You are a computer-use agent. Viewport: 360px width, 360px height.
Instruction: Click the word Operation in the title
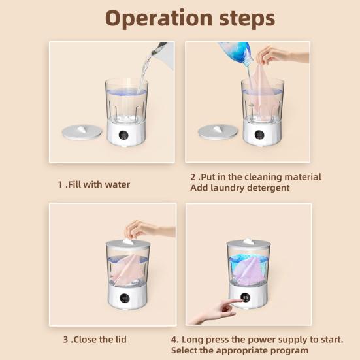pyautogui.click(x=159, y=19)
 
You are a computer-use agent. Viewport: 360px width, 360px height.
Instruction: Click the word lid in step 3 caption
pyautogui.click(x=120, y=339)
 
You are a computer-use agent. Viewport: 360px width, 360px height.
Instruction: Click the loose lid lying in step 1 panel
pyautogui.click(x=82, y=132)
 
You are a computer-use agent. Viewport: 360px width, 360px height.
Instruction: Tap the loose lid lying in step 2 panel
pyautogui.click(x=218, y=132)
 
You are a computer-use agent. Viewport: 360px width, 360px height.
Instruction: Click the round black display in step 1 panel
pyautogui.click(x=123, y=135)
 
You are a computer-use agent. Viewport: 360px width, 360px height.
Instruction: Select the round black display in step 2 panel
pyautogui.click(x=259, y=135)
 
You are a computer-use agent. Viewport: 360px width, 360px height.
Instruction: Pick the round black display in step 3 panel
pyautogui.click(x=124, y=298)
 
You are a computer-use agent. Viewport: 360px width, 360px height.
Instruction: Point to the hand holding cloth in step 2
pyautogui.click(x=282, y=56)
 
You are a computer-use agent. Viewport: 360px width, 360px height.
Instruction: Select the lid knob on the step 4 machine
pyautogui.click(x=248, y=241)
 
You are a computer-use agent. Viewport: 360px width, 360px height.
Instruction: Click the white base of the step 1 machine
pyautogui.click(x=126, y=133)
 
